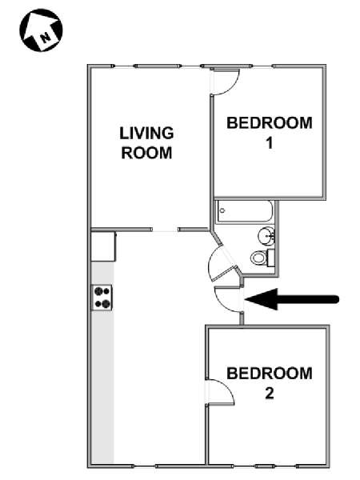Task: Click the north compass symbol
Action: (41, 30)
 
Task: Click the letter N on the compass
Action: (46, 38)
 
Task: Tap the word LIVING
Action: (146, 133)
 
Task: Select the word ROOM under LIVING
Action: (146, 153)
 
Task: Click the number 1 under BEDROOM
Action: (270, 143)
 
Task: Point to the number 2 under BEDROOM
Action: (270, 394)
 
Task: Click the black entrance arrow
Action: (292, 299)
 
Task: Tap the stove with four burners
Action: (102, 298)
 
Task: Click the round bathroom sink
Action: (266, 236)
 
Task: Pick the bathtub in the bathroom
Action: (245, 211)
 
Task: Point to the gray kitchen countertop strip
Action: (102, 362)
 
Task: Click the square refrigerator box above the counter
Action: (103, 246)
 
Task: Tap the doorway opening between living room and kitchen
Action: (165, 230)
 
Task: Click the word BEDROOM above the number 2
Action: (270, 374)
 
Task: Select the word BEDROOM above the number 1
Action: (270, 122)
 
